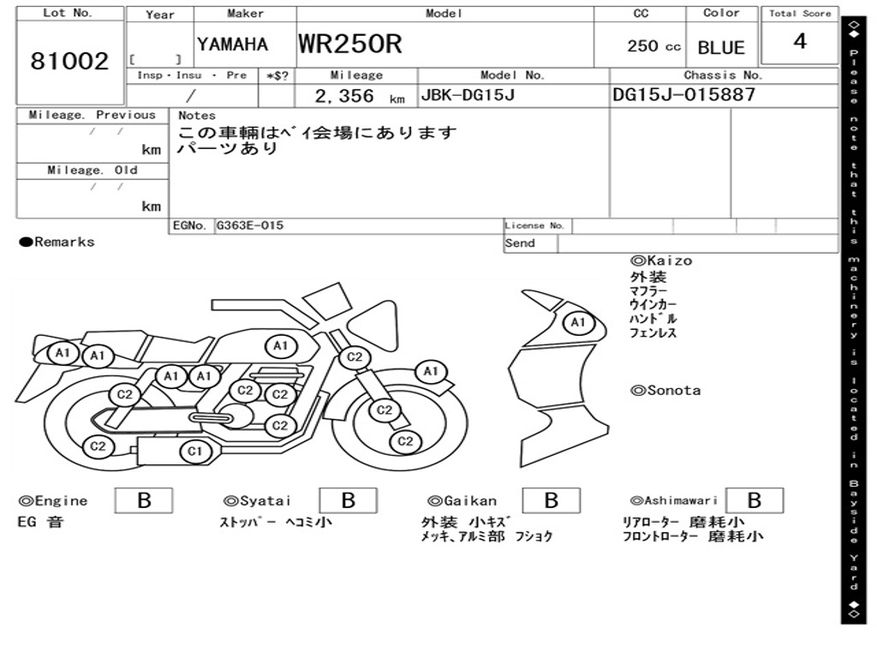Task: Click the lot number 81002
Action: click(69, 62)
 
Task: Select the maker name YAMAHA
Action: click(232, 45)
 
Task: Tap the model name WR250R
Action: click(349, 44)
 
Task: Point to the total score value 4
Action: click(800, 41)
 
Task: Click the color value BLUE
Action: click(721, 48)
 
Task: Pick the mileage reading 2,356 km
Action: click(358, 97)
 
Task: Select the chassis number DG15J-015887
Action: click(684, 95)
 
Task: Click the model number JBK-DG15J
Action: click(467, 95)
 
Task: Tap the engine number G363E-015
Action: click(249, 226)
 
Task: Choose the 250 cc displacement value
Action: click(653, 46)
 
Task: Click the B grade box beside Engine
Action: click(144, 500)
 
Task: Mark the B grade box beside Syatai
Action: click(348, 500)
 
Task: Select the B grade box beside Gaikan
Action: click(552, 500)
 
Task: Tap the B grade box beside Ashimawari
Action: click(755, 500)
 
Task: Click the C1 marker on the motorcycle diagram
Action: click(195, 451)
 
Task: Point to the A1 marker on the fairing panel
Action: click(578, 323)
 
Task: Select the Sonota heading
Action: click(665, 391)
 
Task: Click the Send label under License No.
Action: click(520, 243)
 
